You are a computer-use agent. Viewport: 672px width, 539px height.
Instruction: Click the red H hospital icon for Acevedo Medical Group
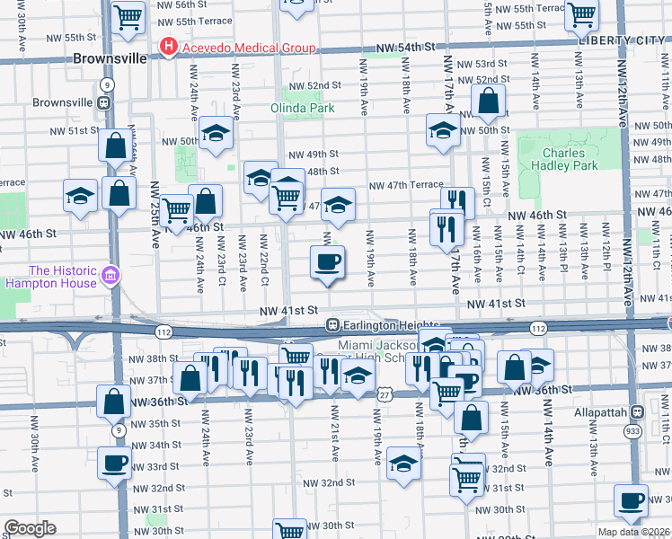point(168,47)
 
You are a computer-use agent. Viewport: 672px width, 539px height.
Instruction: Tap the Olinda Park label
point(303,108)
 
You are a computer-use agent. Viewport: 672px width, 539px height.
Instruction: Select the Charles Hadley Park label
point(570,160)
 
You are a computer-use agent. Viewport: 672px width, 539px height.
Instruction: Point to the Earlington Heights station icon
point(332,324)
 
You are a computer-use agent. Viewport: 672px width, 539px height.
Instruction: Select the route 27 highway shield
point(384,393)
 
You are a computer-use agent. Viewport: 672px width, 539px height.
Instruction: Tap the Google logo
point(30,528)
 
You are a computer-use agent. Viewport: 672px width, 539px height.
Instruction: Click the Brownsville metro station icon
point(104,102)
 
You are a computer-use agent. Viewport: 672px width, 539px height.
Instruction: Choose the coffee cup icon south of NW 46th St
point(327,261)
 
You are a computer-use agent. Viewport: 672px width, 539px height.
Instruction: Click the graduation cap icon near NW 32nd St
point(404,464)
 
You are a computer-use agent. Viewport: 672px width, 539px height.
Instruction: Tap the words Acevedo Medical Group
point(249,48)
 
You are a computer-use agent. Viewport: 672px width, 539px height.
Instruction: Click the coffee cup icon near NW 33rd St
point(115,464)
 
